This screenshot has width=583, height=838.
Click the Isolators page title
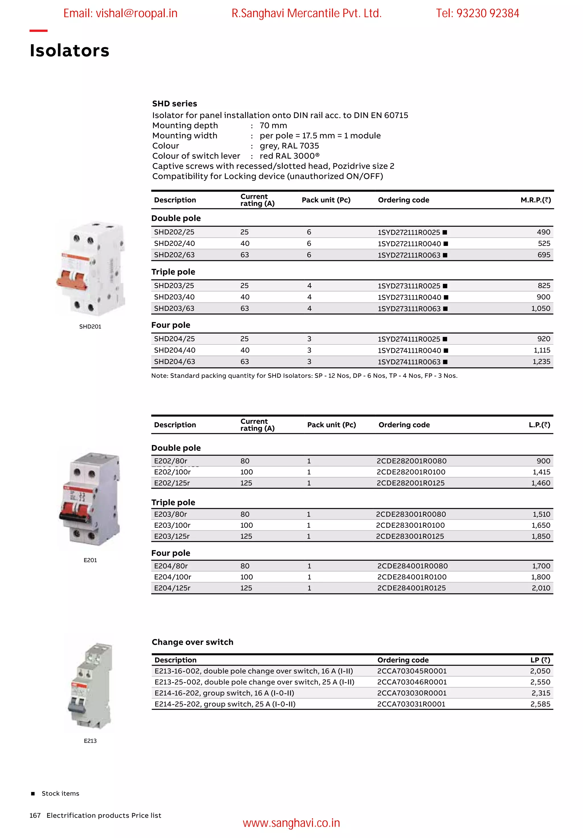(x=69, y=50)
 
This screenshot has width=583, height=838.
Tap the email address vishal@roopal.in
(x=120, y=13)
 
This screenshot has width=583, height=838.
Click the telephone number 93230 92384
(x=487, y=13)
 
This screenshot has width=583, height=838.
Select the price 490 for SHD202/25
(x=543, y=232)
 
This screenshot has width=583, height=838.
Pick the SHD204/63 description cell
(x=175, y=362)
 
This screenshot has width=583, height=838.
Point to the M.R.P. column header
(x=535, y=200)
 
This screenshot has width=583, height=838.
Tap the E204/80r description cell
(x=171, y=566)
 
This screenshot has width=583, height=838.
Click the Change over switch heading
(x=192, y=642)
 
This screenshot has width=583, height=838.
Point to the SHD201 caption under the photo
(x=90, y=327)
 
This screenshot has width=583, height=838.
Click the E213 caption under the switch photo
(x=90, y=741)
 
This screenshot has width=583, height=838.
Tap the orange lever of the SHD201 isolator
(x=72, y=279)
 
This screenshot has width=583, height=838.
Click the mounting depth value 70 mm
(x=273, y=125)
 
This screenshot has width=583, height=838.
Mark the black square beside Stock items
(x=33, y=794)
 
